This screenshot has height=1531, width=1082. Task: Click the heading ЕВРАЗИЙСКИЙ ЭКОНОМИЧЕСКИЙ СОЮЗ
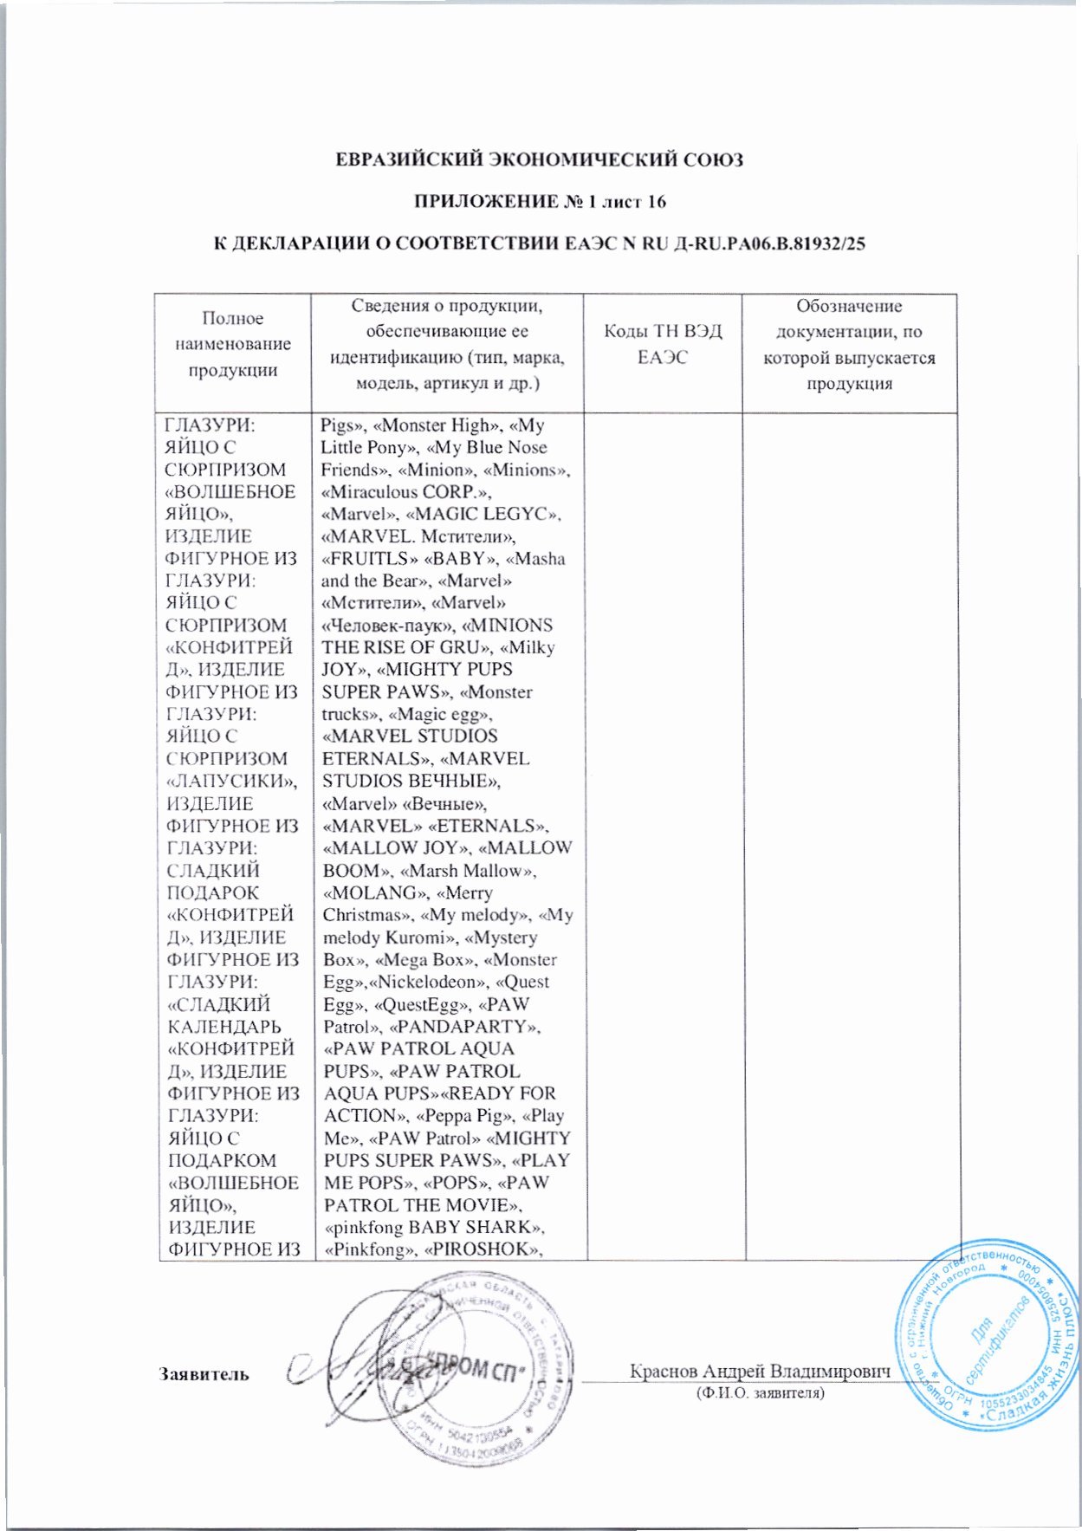(x=539, y=160)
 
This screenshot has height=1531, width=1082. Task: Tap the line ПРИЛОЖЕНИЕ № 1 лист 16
(x=539, y=202)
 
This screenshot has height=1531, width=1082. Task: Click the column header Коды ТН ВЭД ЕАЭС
(x=663, y=344)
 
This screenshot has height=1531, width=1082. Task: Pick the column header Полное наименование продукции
(x=232, y=344)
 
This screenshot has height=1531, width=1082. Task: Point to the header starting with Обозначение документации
(x=849, y=344)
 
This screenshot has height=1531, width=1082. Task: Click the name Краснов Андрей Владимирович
(x=760, y=1372)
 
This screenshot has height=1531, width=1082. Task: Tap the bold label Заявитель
(x=204, y=1373)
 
